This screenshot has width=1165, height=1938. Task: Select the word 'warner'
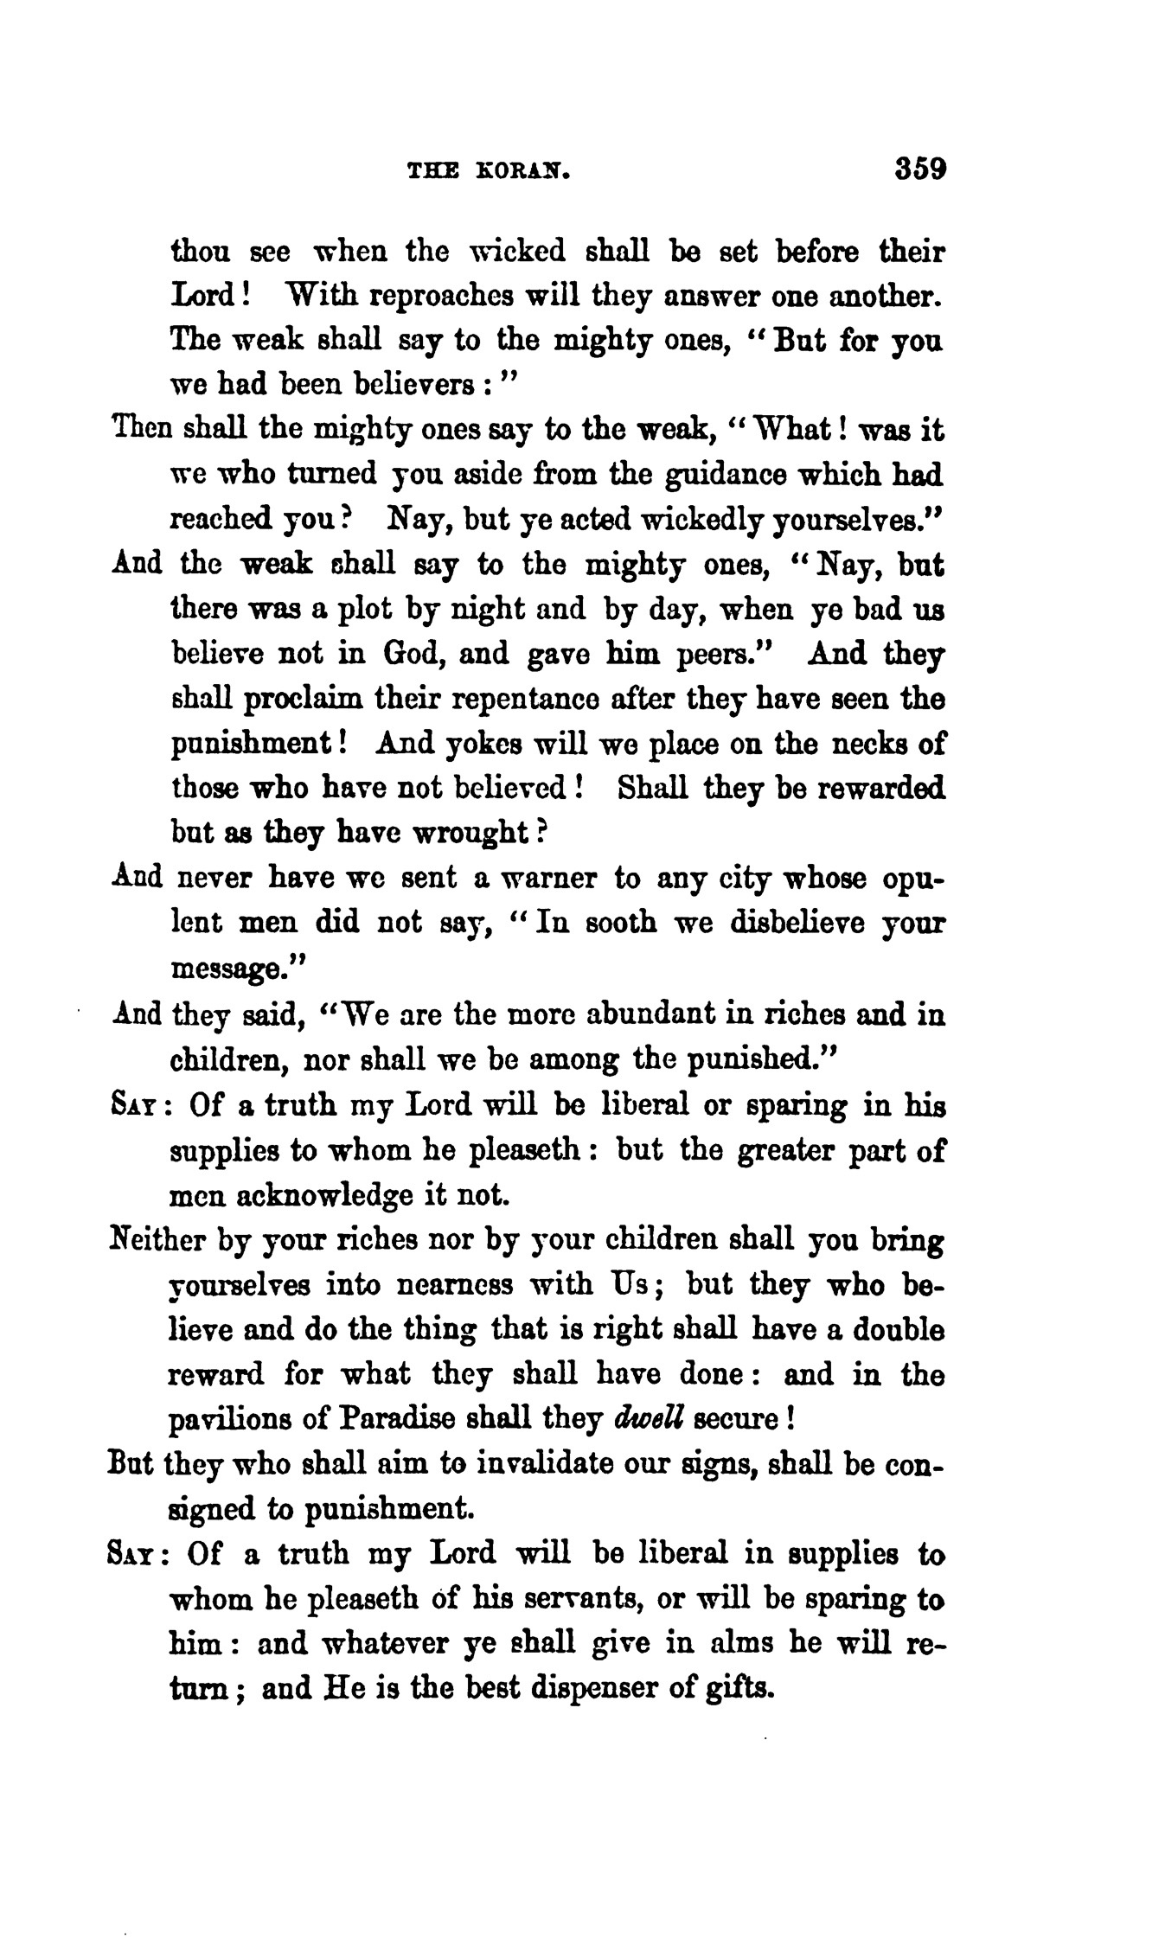543,879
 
